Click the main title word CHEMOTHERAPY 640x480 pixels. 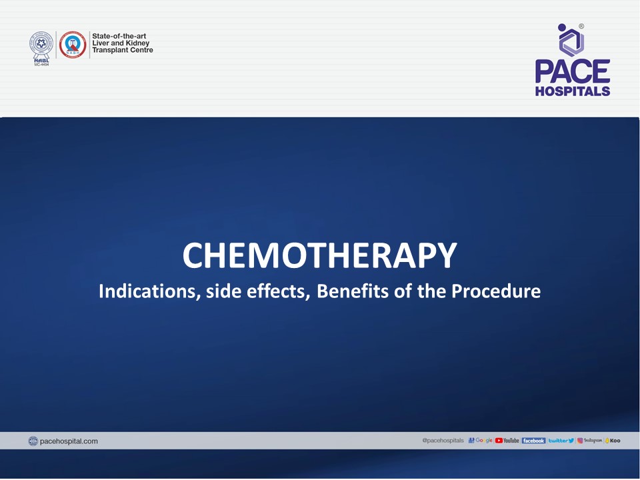click(x=320, y=256)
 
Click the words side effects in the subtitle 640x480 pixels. click(x=257, y=291)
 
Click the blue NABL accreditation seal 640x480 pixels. click(x=41, y=44)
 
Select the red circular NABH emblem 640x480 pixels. click(x=73, y=44)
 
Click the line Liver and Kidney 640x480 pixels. click(x=121, y=43)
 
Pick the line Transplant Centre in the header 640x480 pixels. click(x=123, y=51)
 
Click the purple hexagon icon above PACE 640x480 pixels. click(x=571, y=41)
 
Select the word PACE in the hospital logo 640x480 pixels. click(x=573, y=72)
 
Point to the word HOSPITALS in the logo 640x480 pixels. click(x=573, y=91)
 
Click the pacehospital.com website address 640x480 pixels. click(x=69, y=441)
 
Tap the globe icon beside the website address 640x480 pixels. click(x=33, y=441)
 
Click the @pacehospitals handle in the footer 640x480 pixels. click(x=443, y=441)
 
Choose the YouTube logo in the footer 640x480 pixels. click(x=507, y=441)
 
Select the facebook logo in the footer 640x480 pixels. click(x=533, y=441)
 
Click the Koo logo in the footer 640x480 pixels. click(x=613, y=441)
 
